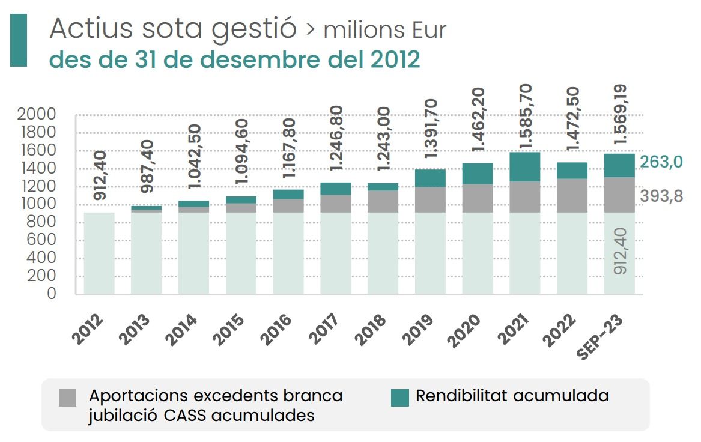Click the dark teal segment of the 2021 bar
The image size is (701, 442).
(524, 166)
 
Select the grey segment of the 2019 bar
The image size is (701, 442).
(429, 199)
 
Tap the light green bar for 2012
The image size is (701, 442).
(99, 253)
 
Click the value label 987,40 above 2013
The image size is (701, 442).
(147, 166)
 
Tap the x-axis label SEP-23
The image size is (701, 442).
(599, 337)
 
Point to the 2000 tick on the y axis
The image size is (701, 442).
(37, 114)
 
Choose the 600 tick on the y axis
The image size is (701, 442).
(42, 240)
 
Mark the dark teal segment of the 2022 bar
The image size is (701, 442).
(572, 171)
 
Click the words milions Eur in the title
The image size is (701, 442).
(384, 31)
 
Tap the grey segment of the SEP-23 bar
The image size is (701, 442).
(619, 195)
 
